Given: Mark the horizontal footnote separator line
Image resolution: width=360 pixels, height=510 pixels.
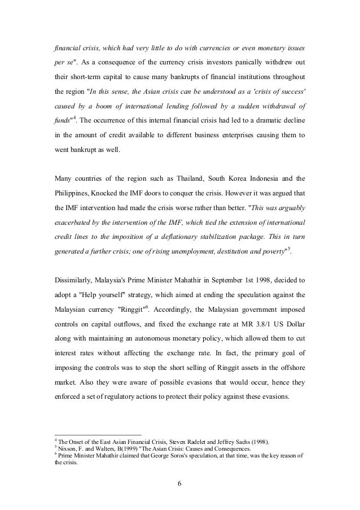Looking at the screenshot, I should click(94, 435).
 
